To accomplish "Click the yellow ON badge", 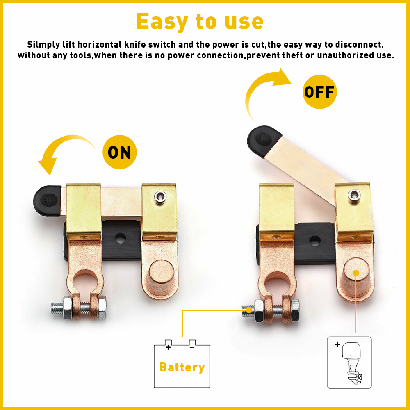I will (x=119, y=153).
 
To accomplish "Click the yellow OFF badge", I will (x=320, y=91).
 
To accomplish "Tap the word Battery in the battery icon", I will (x=182, y=367).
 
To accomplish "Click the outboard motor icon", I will (x=349, y=362).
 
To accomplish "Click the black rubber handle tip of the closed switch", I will (x=47, y=200).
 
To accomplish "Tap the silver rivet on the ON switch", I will (x=159, y=197).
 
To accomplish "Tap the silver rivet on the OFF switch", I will (x=353, y=195).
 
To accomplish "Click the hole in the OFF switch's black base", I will (x=314, y=241).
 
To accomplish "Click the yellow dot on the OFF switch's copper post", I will (x=356, y=272).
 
